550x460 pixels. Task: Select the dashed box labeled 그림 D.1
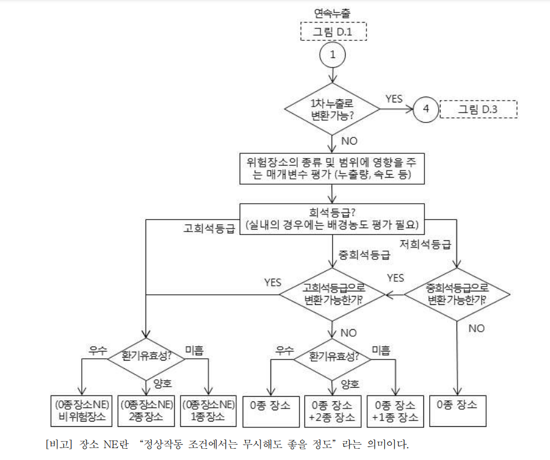click(x=332, y=31)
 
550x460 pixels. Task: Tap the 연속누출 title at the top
click(x=332, y=12)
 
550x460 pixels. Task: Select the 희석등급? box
click(x=332, y=218)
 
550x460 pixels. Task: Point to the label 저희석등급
click(x=425, y=243)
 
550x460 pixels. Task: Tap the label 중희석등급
click(x=364, y=256)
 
